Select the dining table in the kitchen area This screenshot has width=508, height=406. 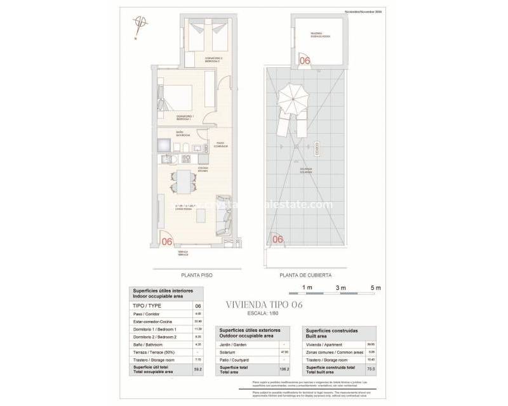click(x=184, y=182)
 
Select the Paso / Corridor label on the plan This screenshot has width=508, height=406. click(x=220, y=145)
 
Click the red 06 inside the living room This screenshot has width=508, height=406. click(x=168, y=241)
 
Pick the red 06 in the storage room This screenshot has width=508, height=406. click(x=304, y=61)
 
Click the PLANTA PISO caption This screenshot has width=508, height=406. click(x=197, y=276)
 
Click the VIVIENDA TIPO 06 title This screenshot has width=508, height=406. click(x=265, y=305)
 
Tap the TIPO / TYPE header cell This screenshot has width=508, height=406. click(x=159, y=306)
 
